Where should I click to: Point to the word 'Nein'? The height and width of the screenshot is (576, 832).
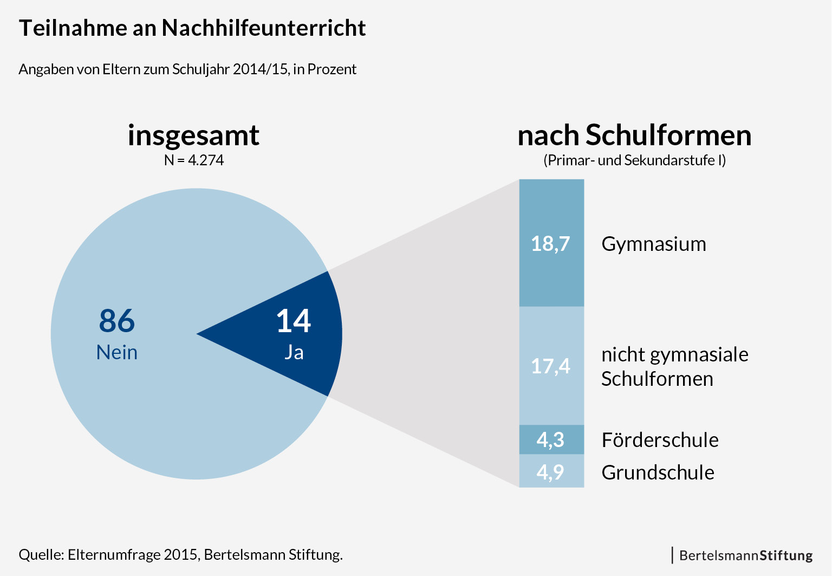click(116, 352)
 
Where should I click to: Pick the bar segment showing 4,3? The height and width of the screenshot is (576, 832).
click(551, 439)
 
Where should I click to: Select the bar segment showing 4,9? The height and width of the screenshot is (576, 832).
click(551, 471)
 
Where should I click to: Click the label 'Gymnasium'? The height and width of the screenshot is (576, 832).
click(653, 244)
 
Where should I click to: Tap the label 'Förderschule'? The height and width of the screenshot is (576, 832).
click(660, 440)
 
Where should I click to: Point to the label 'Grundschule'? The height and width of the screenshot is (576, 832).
click(658, 473)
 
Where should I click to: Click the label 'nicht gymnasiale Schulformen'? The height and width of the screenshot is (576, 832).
click(674, 366)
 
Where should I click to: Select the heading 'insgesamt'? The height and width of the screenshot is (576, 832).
click(193, 135)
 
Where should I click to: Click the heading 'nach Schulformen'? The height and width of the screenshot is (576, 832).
click(634, 135)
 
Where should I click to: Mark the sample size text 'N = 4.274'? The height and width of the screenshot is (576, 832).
click(194, 160)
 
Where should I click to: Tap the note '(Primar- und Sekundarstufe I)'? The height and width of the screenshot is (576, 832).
click(634, 160)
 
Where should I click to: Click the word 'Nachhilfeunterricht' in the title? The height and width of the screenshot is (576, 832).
click(263, 28)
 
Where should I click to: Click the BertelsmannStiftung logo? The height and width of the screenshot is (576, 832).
click(745, 555)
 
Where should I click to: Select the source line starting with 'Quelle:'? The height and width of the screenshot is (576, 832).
click(180, 555)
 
